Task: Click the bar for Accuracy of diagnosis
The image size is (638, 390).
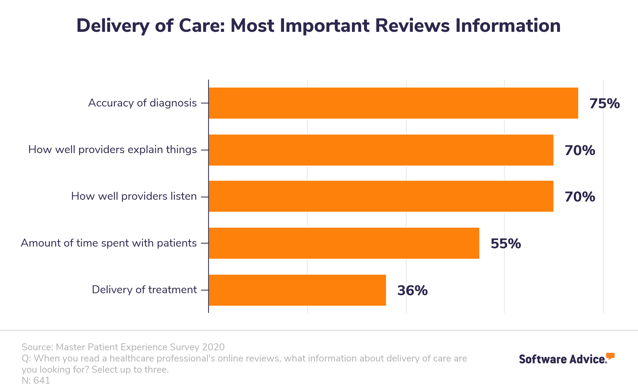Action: pos(393,103)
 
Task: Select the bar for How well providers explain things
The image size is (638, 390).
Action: pos(381,150)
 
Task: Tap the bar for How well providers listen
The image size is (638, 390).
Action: pos(381,196)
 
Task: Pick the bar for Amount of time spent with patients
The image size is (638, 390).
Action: pos(344,243)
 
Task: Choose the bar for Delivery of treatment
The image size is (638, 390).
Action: pos(297,290)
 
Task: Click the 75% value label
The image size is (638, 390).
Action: pos(604,104)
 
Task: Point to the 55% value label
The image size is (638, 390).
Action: pos(506,244)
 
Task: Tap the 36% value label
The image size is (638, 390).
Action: pos(412,290)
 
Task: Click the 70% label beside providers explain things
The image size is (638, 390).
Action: pos(580,150)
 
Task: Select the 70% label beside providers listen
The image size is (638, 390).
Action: pos(580,197)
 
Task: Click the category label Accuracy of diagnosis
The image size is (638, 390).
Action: pos(142,103)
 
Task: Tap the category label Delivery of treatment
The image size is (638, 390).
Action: pos(144,290)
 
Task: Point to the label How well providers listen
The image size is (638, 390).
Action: pos(134,196)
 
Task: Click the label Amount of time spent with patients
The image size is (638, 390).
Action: pos(109,243)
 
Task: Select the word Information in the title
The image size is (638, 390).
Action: pos(508,26)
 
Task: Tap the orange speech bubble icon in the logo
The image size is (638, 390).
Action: pos(610,356)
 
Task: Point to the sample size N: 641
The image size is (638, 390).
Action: pos(36,380)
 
